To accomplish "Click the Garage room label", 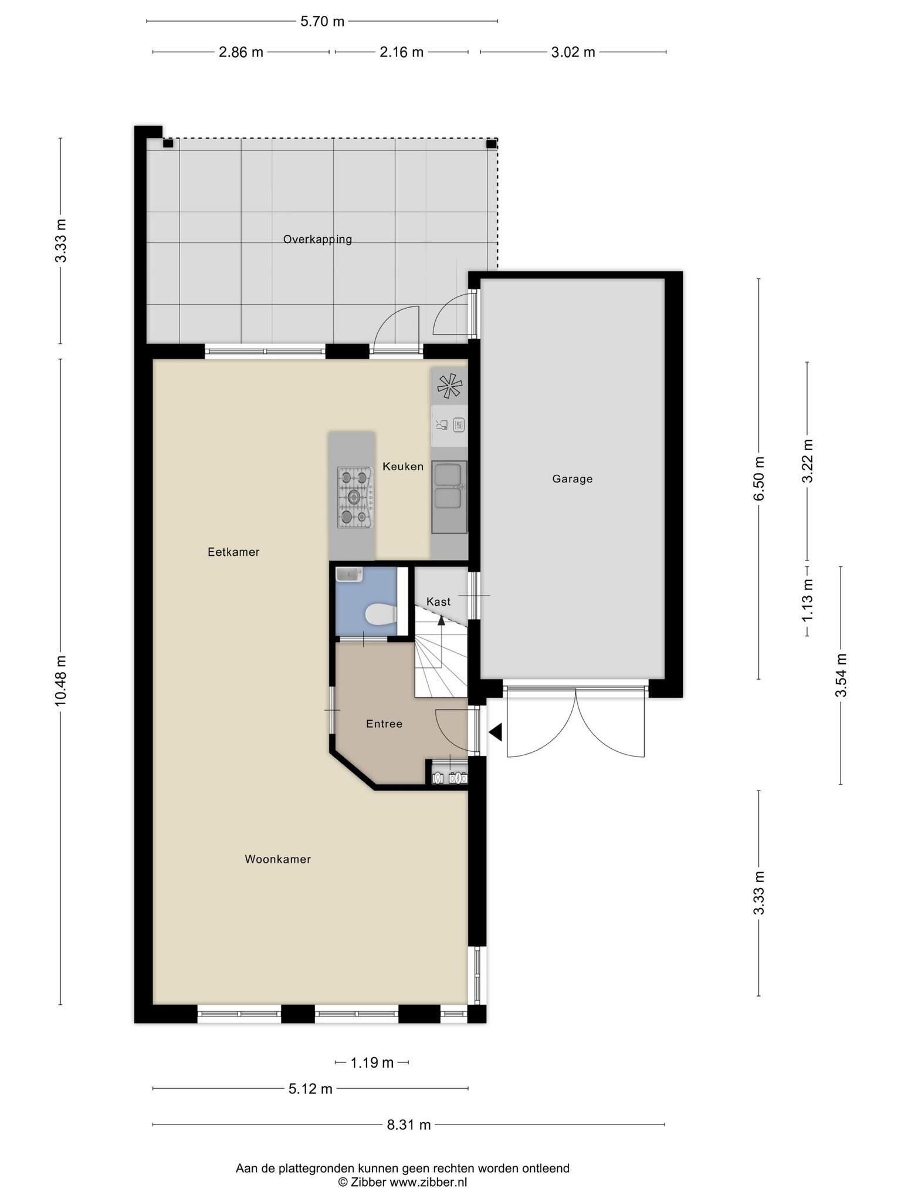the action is click(x=572, y=479).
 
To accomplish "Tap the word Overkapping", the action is click(x=317, y=239).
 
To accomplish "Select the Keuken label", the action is click(x=403, y=467).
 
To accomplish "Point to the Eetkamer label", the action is click(x=233, y=552).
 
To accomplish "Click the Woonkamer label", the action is click(x=277, y=859).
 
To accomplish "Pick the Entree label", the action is click(x=384, y=724).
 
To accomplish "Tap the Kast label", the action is click(x=438, y=602).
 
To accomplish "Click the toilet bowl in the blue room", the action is click(x=381, y=616).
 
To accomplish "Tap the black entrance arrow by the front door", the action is click(x=496, y=732).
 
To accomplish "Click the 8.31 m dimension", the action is click(x=409, y=1125).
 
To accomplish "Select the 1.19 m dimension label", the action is click(x=372, y=1062).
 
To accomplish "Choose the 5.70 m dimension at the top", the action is click(x=322, y=22).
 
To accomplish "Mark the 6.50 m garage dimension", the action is click(x=760, y=479).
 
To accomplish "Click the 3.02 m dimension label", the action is click(x=573, y=52).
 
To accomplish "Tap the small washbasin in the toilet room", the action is click(x=350, y=575).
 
